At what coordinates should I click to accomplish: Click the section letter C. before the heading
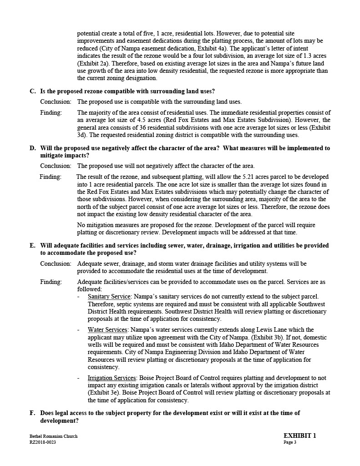(x=33, y=91)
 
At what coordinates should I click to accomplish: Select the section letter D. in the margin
(x=33, y=148)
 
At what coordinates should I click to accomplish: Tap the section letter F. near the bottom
(x=32, y=413)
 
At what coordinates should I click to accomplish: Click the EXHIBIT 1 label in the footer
(x=299, y=436)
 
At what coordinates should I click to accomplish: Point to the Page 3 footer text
(x=290, y=442)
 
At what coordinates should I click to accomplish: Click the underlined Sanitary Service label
(x=109, y=297)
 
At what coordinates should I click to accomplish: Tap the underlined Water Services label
(x=108, y=330)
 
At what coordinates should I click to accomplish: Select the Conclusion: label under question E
(x=56, y=264)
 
